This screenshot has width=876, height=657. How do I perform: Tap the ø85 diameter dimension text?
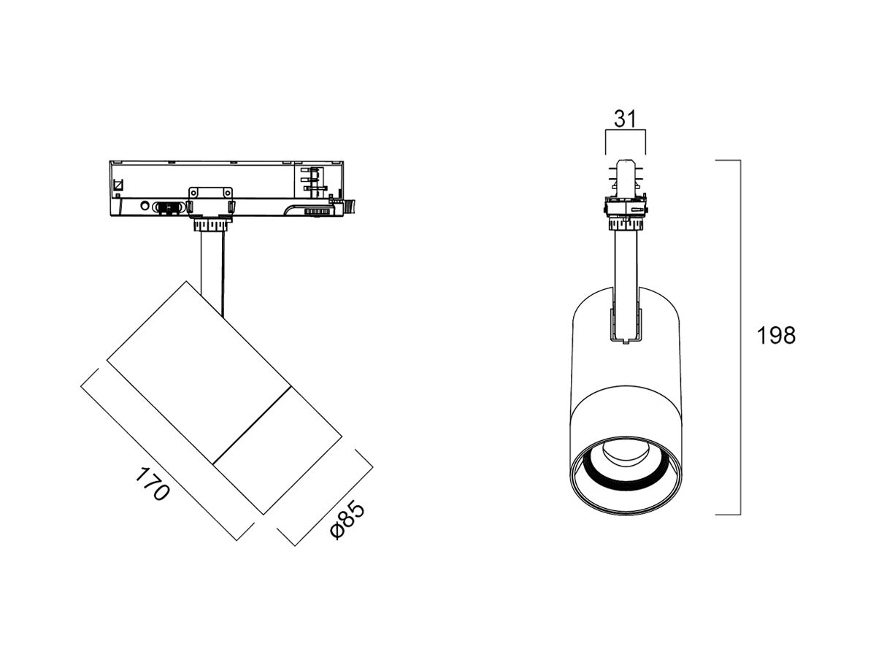point(347,520)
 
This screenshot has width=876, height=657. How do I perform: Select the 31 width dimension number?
point(626,118)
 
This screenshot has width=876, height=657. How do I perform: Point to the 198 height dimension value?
point(776,336)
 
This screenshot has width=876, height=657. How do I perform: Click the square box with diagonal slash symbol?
point(119,185)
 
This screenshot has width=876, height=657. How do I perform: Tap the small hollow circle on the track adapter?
point(145,206)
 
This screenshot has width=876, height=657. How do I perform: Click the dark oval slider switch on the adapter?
point(169,207)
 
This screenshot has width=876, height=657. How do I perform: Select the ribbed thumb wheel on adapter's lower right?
point(317,212)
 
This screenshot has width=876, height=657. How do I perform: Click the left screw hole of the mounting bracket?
point(194,193)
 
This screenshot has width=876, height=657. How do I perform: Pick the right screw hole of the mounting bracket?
point(228,193)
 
